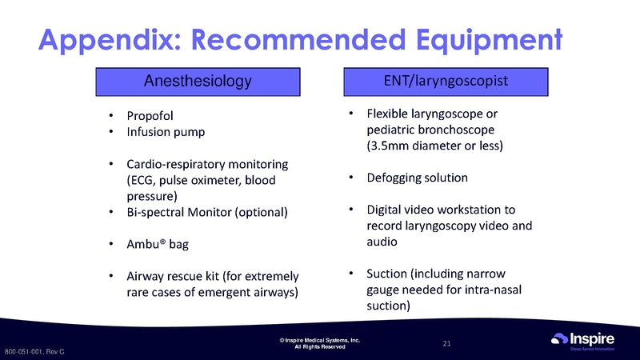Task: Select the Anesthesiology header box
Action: point(197,82)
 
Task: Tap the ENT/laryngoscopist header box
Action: point(446,82)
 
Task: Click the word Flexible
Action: point(387,114)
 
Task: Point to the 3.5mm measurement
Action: point(387,146)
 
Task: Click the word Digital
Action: point(384,210)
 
